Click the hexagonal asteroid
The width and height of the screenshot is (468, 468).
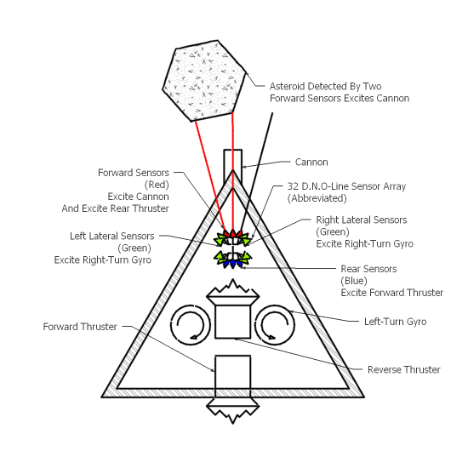(204, 81)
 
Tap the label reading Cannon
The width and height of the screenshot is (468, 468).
(311, 162)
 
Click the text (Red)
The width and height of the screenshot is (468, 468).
(157, 185)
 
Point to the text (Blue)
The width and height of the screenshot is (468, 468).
(354, 281)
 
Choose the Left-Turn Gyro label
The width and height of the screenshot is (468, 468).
(395, 322)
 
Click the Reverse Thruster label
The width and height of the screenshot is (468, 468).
(404, 369)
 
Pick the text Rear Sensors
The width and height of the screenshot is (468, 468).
(368, 269)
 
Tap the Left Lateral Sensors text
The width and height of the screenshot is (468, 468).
(112, 236)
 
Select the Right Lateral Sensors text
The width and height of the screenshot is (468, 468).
(362, 220)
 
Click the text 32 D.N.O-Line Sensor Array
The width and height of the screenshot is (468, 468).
(346, 186)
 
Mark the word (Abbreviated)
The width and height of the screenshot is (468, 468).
(317, 198)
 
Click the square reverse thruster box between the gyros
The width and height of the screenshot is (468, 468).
(233, 321)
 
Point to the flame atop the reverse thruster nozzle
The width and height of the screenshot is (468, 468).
(233, 288)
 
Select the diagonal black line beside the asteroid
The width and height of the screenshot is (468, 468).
(257, 173)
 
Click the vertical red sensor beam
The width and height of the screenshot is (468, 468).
(233, 171)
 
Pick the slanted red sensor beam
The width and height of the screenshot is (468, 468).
(210, 175)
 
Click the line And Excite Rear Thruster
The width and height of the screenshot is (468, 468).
(115, 208)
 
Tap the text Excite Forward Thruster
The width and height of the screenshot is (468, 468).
(392, 293)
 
